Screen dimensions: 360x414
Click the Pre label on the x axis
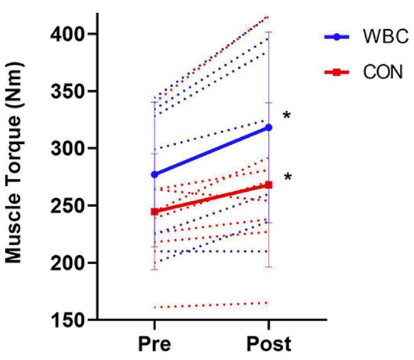[x=154, y=344]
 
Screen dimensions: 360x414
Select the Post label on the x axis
[x=269, y=344]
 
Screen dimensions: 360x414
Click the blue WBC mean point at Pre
[x=154, y=174]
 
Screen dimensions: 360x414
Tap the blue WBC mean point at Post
[x=269, y=128]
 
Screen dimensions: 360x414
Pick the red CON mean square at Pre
[x=154, y=211]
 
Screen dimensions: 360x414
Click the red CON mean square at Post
[x=269, y=185]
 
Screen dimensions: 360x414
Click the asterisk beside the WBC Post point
[x=287, y=116]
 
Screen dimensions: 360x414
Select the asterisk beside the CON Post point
[x=287, y=177]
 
